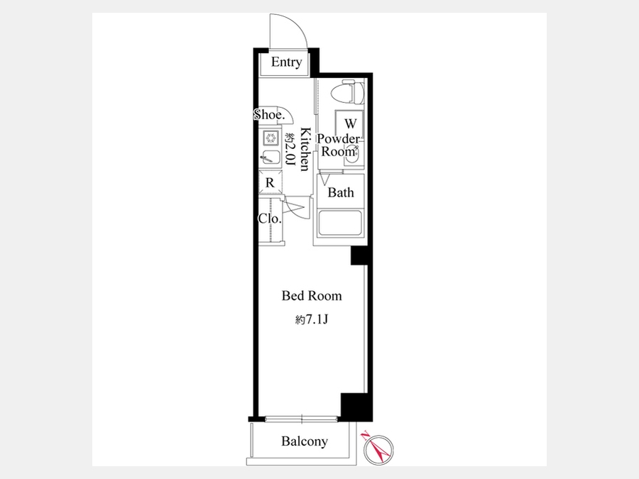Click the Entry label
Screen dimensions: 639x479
(287, 62)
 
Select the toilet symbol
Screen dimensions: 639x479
(347, 93)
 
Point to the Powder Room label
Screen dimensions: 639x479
(338, 145)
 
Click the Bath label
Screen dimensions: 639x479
(341, 192)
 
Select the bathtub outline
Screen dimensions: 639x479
(340, 224)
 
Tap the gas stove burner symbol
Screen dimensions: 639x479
(271, 138)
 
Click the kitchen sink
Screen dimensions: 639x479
(271, 157)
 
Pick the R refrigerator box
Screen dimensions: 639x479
(271, 182)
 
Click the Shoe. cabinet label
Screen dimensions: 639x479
(268, 115)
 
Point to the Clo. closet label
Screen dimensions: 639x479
(270, 219)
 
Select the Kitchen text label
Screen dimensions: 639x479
(305, 149)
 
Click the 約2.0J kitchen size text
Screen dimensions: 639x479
(290, 149)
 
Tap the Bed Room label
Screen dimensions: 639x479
(312, 295)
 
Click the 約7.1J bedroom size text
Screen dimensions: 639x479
(312, 320)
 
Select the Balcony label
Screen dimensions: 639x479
(305, 441)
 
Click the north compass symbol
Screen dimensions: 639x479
(378, 448)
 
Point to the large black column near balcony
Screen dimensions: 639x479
(356, 407)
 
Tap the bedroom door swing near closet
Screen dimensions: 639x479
(294, 208)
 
